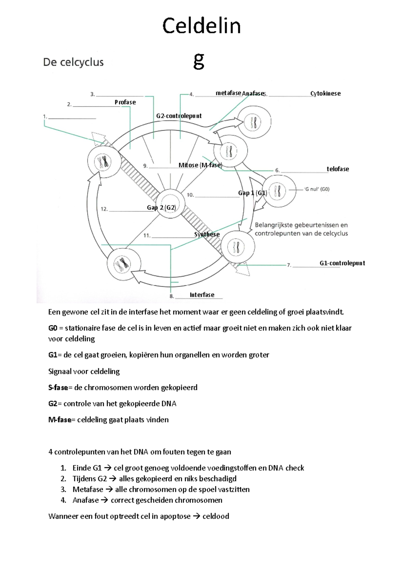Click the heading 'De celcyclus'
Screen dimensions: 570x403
73,62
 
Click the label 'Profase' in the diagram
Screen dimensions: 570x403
125,102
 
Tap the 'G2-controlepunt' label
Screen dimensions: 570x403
179,116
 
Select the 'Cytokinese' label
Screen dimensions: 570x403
325,94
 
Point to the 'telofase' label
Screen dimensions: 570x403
338,169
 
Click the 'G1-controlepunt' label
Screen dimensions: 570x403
342,263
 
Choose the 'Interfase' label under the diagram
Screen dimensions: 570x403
202,295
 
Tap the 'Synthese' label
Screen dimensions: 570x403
207,234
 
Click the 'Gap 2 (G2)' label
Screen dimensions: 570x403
162,208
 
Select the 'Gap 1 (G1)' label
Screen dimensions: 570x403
253,193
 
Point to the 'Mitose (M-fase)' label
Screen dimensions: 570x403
200,165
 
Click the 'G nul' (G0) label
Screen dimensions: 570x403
317,189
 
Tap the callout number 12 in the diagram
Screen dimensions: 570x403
104,209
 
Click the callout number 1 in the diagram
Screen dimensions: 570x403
45,116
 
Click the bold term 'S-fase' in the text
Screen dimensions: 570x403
58,388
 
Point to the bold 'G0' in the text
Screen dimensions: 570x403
53,328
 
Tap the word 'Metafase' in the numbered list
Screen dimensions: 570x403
88,489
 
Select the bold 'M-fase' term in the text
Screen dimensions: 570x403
60,420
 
